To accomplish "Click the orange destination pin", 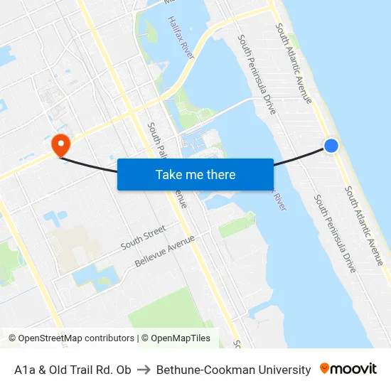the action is [60, 144].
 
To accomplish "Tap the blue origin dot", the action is [331, 145].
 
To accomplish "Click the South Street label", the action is [143, 237].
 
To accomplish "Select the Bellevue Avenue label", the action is [165, 254].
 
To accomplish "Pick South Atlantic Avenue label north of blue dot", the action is [294, 62].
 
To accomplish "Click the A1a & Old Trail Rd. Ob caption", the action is [73, 370].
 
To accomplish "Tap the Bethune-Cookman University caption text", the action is [233, 370].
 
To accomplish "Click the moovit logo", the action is [348, 369].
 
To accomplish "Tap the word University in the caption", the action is [284, 370].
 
